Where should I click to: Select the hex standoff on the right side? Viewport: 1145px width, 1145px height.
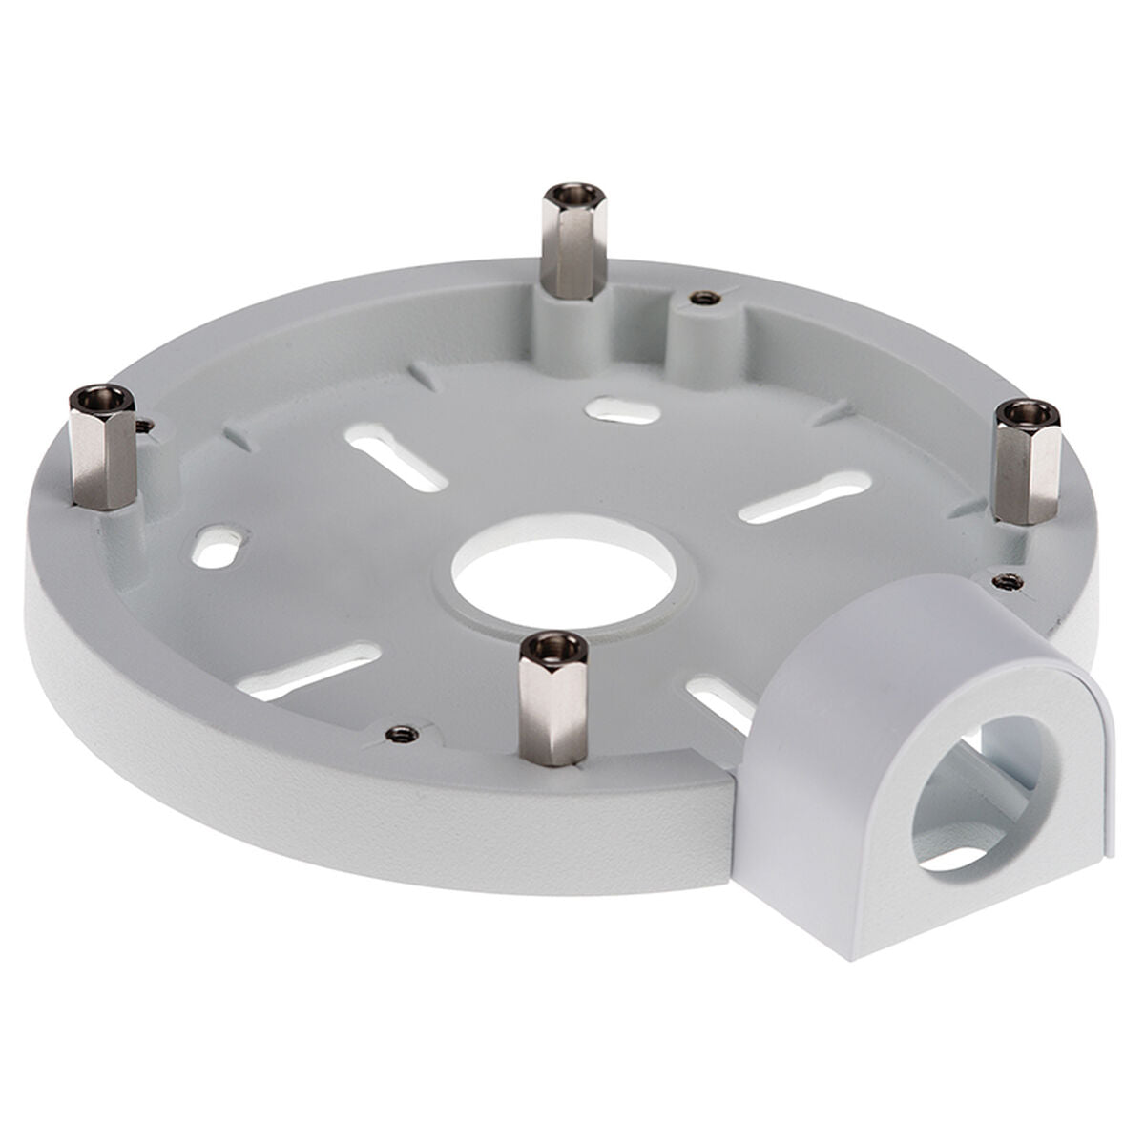click(x=1027, y=464)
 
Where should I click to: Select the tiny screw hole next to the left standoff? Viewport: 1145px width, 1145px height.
click(x=144, y=427)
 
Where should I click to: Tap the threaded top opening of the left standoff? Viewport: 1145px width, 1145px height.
click(x=102, y=396)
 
